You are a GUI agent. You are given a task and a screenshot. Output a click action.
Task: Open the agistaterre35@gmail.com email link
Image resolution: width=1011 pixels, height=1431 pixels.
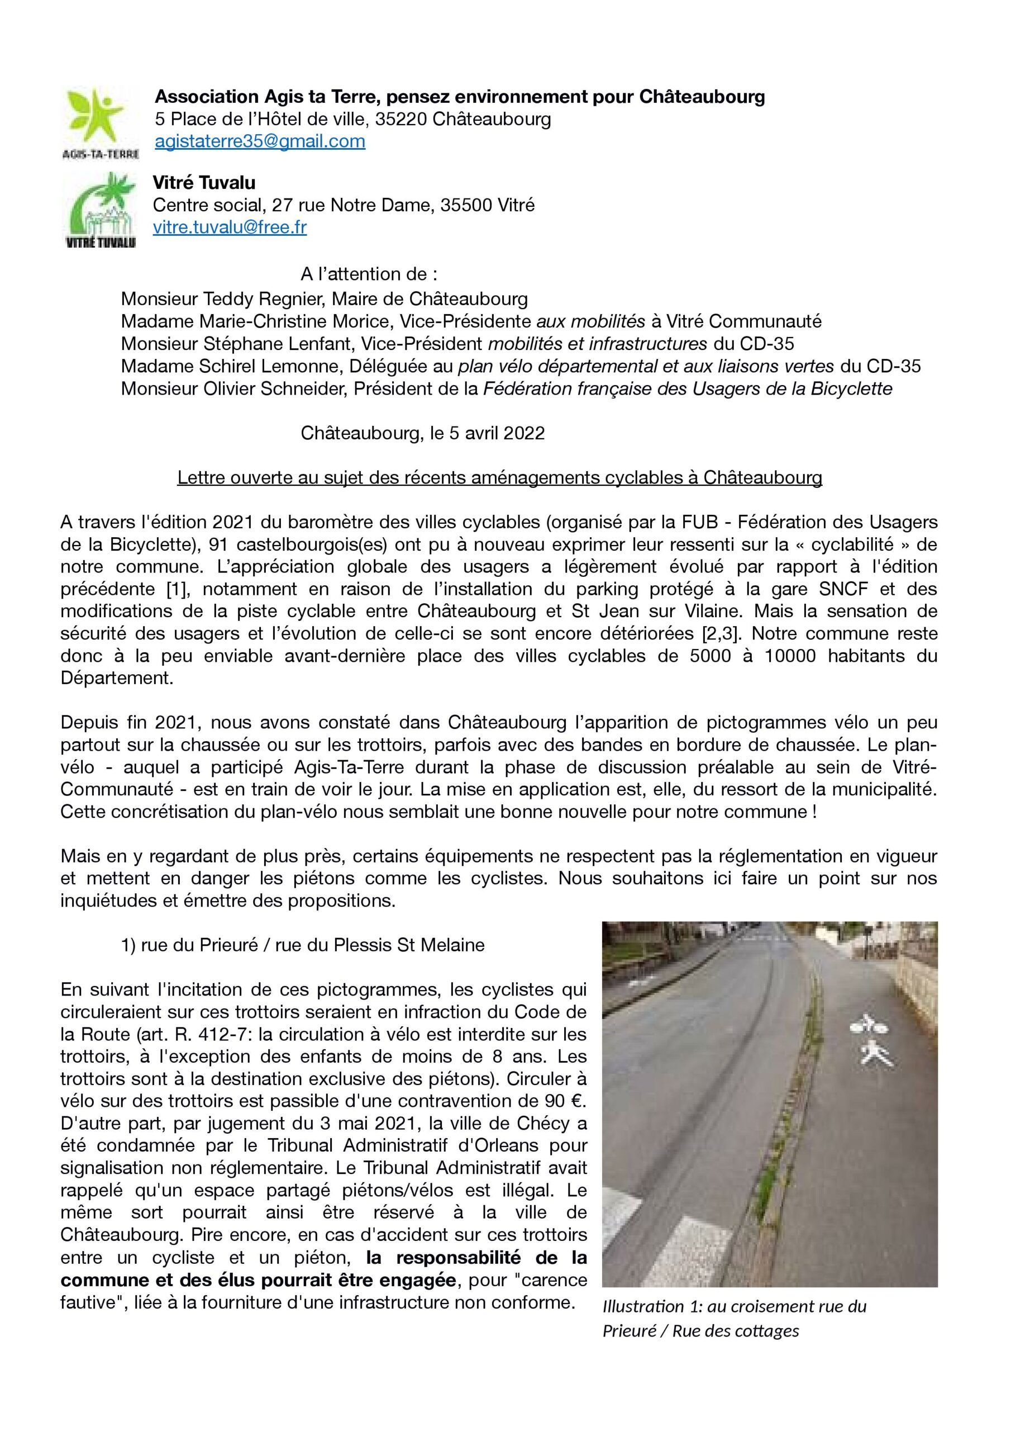point(260,141)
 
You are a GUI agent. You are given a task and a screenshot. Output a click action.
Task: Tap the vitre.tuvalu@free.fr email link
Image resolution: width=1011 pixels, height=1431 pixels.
point(230,228)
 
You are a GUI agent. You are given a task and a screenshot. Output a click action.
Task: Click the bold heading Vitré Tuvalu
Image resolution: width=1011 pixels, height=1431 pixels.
point(204,183)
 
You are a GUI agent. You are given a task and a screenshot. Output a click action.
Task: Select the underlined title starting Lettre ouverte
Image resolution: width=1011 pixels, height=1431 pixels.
point(499,478)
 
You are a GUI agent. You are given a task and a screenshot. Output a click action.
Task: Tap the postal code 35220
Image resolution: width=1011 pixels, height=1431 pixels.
point(401,119)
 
